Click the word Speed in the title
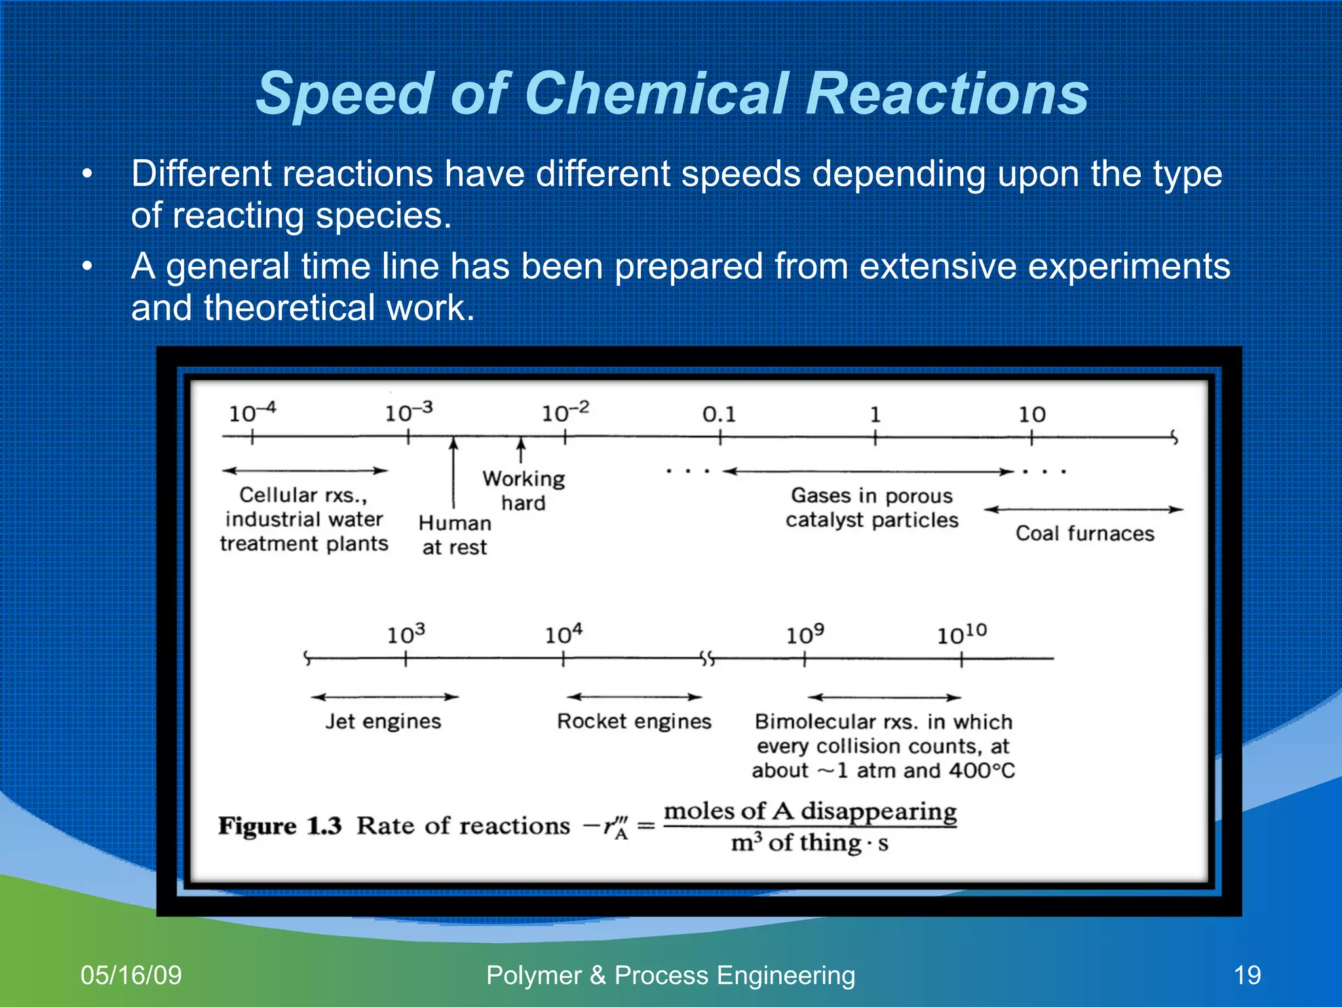coord(345,95)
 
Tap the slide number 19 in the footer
coord(1247,975)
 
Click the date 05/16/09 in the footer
coord(131,975)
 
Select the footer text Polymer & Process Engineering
coord(670,975)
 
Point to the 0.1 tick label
coord(719,414)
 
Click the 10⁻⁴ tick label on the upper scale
coord(252,413)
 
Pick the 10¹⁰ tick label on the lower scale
coord(961,634)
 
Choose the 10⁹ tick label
coord(805,634)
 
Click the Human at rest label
coord(455,535)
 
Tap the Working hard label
coord(524,490)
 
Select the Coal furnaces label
coord(1084,533)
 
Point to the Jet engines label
coord(383,721)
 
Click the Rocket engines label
coord(634,721)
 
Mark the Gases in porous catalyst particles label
coord(872,507)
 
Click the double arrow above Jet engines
coord(385,697)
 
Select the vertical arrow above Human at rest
coord(453,472)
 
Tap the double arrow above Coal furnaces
coord(1084,509)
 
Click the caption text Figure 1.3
coord(280,825)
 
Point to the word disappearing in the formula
coord(879,812)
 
